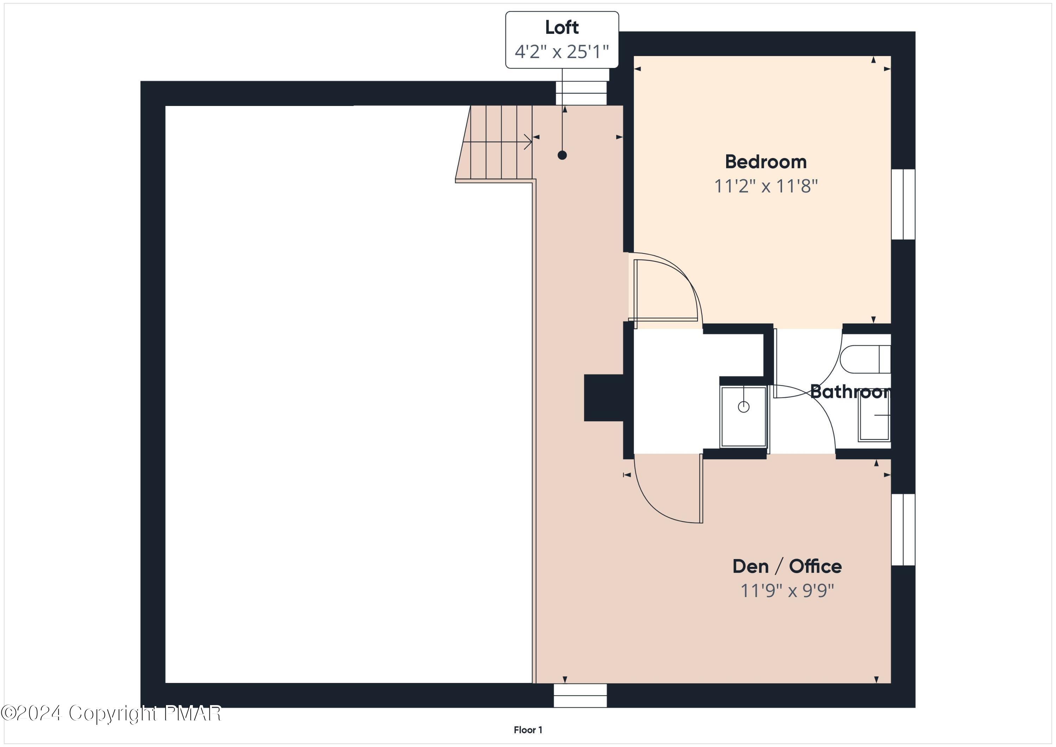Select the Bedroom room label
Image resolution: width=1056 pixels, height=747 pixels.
pos(766,162)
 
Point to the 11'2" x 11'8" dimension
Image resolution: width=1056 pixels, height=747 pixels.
pos(766,186)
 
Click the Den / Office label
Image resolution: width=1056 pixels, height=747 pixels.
pos(787,567)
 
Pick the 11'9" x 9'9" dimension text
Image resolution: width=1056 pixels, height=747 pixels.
pos(787,591)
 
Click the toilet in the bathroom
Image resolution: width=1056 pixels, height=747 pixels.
pos(865,359)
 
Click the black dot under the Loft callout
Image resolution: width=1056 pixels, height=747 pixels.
pos(562,156)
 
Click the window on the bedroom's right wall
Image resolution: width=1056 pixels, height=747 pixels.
pos(903,204)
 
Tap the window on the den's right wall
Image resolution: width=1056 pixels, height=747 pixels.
pos(903,529)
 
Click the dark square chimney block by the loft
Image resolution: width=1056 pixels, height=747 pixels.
pos(603,398)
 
